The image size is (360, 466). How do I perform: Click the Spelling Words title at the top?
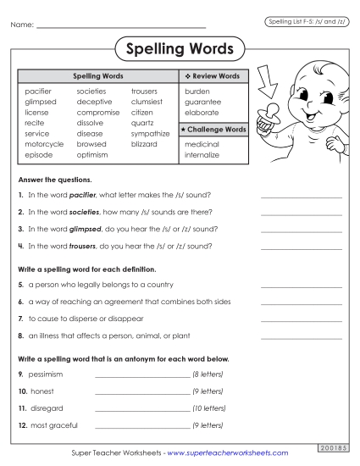point(180,49)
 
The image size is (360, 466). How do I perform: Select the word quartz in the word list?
point(142,123)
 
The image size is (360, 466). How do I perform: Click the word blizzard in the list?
point(144,145)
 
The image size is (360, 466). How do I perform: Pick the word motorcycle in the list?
point(44,145)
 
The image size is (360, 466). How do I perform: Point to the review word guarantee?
point(202,101)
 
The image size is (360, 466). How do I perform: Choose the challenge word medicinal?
point(202,145)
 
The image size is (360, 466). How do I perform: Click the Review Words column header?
point(215,76)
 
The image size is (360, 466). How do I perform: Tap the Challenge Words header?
point(215,130)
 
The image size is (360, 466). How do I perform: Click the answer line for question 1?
point(301,195)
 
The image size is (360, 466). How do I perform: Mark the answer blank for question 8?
point(301,336)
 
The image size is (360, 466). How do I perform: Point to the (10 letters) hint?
point(208,408)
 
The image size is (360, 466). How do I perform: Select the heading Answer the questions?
point(53,180)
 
